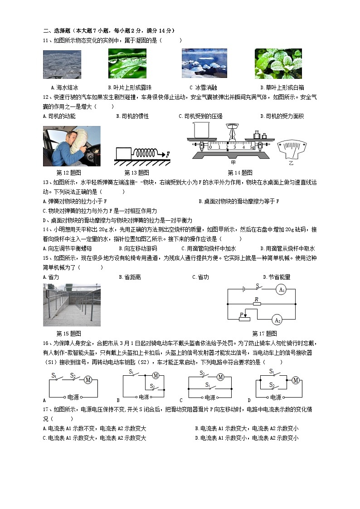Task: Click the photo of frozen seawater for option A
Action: [x=62, y=64]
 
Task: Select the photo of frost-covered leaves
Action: [x=278, y=64]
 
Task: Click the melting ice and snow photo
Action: [x=204, y=64]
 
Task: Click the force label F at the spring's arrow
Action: [x=167, y=155]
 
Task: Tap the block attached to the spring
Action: [x=123, y=154]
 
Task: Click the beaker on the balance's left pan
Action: [x=200, y=130]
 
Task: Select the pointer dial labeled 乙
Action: [x=292, y=149]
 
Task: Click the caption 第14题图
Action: [x=240, y=173]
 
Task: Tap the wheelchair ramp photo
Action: [x=72, y=305]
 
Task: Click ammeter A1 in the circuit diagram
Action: [x=281, y=290]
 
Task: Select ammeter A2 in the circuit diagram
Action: [x=277, y=320]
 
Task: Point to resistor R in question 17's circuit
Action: [x=257, y=304]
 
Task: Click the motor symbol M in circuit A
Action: [x=88, y=380]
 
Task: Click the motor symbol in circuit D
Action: [x=296, y=380]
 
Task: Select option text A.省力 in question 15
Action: [x=51, y=277]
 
